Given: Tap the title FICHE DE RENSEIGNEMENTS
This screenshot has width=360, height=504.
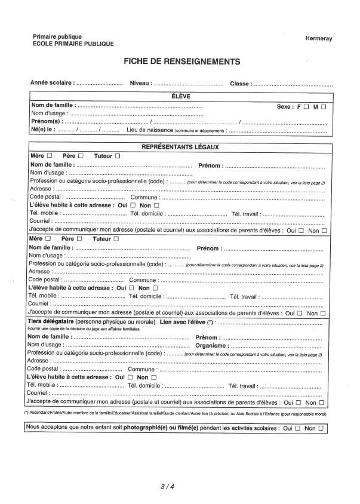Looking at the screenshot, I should click(x=181, y=62).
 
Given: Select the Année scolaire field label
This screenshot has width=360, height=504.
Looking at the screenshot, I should click(x=52, y=84).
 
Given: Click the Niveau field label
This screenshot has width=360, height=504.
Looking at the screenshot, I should click(x=140, y=84).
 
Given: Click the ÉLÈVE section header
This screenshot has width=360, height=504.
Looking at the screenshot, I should click(x=180, y=97).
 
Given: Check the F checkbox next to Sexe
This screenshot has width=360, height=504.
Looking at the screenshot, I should click(x=306, y=107).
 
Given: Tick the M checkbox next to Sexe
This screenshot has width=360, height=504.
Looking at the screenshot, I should click(x=323, y=107).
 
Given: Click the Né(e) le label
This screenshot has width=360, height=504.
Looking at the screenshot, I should click(x=43, y=130).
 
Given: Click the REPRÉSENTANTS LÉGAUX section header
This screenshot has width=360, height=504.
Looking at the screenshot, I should click(x=180, y=147).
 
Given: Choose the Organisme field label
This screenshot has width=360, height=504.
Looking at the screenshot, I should click(x=211, y=345).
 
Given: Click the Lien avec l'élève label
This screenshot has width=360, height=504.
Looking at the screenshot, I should click(x=183, y=322).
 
